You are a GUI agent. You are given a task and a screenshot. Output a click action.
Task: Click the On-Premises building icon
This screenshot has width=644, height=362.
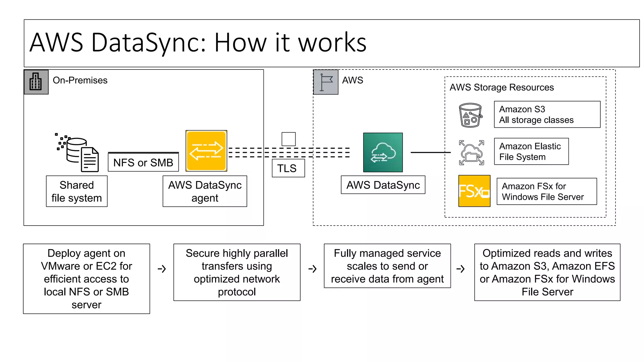pyautogui.click(x=36, y=82)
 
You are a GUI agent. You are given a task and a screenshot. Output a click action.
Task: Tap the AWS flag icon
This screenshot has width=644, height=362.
pyautogui.click(x=326, y=82)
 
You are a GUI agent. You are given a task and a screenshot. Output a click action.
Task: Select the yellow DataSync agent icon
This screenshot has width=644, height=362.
pyautogui.click(x=206, y=151)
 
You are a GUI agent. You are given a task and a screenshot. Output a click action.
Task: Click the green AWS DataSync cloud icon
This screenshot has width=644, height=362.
pyautogui.click(x=383, y=152)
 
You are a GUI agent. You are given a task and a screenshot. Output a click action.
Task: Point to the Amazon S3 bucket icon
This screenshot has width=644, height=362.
pyautogui.click(x=470, y=115)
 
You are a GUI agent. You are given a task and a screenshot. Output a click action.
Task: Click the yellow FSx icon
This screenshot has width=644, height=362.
pyautogui.click(x=474, y=191)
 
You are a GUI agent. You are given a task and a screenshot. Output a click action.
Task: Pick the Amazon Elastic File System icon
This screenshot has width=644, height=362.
pyautogui.click(x=471, y=153)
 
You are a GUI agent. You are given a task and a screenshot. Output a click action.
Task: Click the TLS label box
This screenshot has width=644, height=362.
pyautogui.click(x=288, y=168)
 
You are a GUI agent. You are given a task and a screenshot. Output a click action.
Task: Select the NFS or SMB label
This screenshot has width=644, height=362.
pyautogui.click(x=143, y=162)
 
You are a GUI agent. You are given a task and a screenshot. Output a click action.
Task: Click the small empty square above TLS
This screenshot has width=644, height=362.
pyautogui.click(x=288, y=139)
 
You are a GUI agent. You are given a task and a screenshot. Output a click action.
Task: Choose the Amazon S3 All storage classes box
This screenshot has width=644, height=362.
pyautogui.click(x=547, y=114)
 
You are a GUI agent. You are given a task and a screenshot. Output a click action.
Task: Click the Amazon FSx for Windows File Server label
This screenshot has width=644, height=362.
pyautogui.click(x=546, y=191)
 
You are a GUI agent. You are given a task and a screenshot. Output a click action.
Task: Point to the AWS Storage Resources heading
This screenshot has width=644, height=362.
pyautogui.click(x=502, y=87)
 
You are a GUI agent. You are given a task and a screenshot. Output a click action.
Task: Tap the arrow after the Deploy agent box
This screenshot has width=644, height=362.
pyautogui.click(x=162, y=269)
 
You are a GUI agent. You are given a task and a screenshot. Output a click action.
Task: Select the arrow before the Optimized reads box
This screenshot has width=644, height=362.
pyautogui.click(x=460, y=269)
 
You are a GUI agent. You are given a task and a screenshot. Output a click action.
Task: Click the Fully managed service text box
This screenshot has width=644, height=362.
pyautogui.click(x=387, y=266)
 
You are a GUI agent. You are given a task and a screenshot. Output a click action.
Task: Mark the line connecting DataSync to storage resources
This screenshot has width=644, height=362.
pyautogui.click(x=430, y=152)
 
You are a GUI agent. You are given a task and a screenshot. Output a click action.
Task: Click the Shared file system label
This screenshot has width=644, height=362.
pyautogui.click(x=77, y=191)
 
